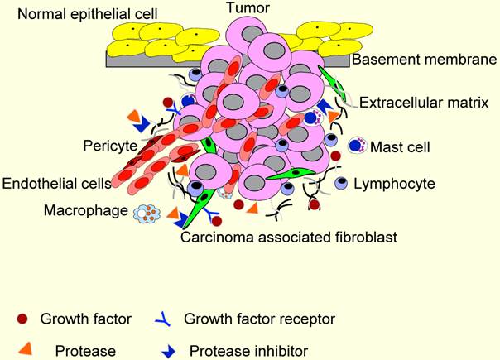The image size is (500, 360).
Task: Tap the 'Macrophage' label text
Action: [x=86, y=212]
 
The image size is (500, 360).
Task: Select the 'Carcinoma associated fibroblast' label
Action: [x=290, y=238]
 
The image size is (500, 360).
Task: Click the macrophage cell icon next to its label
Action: [x=146, y=214]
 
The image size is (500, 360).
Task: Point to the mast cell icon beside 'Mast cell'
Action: [x=357, y=146]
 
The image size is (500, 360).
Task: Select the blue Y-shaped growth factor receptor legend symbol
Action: [x=165, y=317]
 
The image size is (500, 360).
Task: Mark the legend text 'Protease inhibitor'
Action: [x=248, y=350]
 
